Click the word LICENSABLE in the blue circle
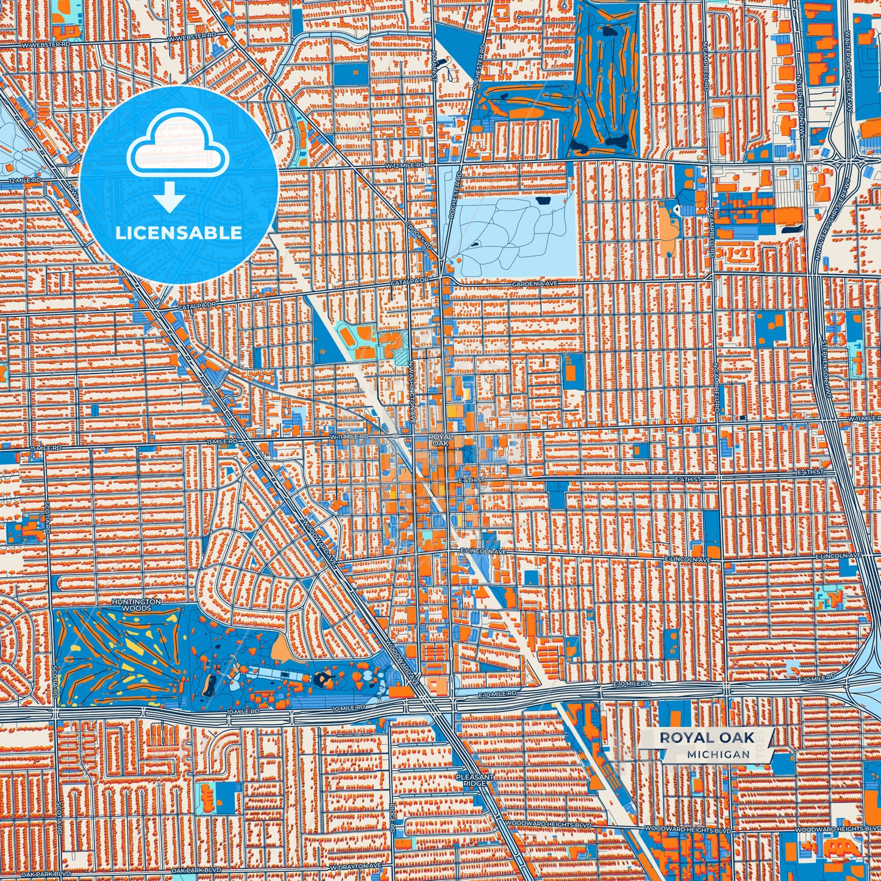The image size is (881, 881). pyautogui.click(x=179, y=233)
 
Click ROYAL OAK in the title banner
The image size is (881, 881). pyautogui.click(x=707, y=738)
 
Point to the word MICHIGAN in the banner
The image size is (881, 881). pyautogui.click(x=718, y=754)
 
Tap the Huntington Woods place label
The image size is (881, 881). pyautogui.click(x=137, y=605)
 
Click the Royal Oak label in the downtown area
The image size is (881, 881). pyautogui.click(x=440, y=440)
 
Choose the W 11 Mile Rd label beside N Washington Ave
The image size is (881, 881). pyautogui.click(x=349, y=437)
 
